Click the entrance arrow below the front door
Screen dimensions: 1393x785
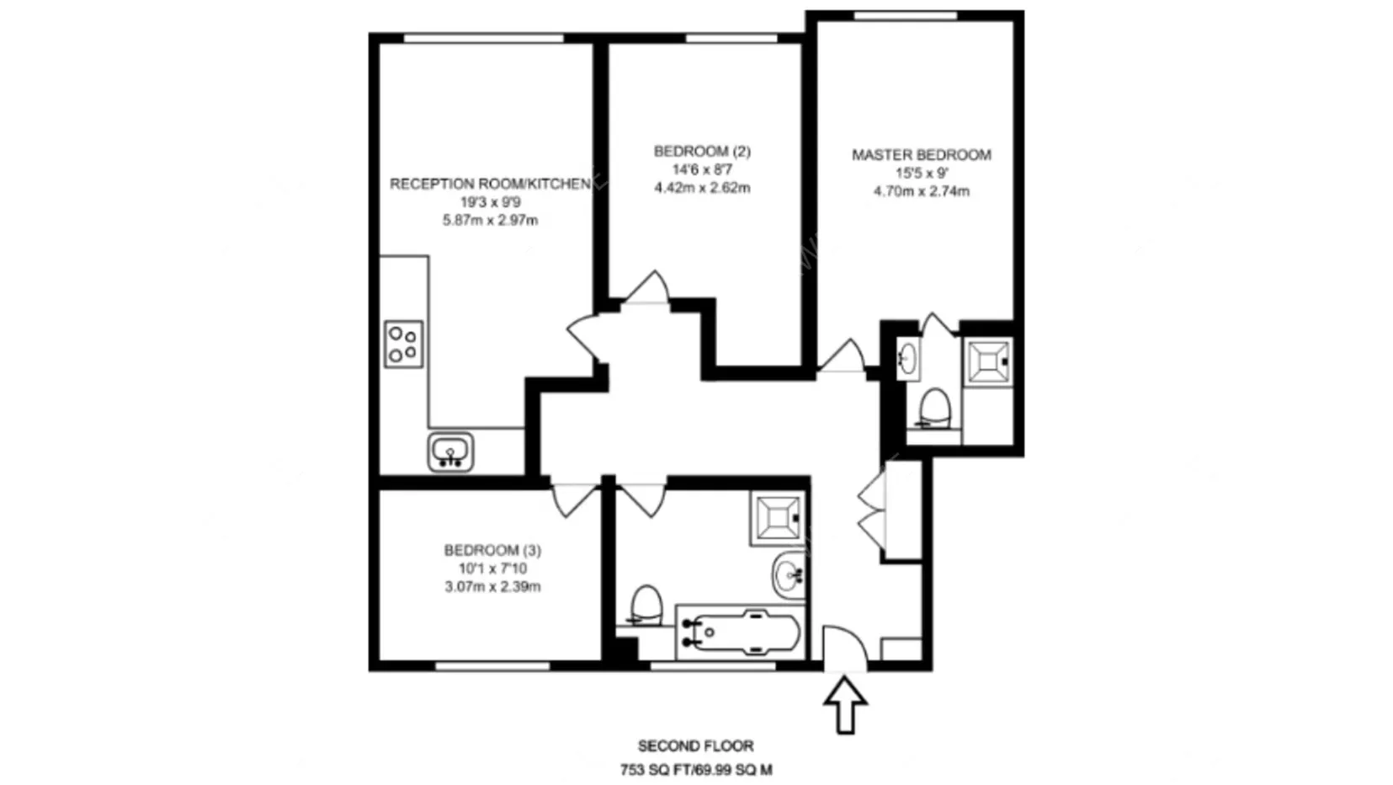845,705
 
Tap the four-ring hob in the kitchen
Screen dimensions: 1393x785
404,344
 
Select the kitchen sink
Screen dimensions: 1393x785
450,452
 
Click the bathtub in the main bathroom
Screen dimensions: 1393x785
740,632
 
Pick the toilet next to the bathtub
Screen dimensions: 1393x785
646,605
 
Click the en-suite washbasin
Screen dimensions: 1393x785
908,359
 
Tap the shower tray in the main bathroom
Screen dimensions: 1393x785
778,519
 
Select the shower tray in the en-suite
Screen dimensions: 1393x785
987,361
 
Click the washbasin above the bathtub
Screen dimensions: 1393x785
790,575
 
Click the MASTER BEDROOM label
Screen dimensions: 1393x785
922,155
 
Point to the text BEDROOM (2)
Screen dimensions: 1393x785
702,152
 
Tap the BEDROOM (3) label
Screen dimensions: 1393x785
492,550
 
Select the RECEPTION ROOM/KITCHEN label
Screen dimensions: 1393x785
490,184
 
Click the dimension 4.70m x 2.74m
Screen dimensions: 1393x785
922,191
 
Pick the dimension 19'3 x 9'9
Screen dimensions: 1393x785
490,202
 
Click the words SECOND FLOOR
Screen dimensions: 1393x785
696,745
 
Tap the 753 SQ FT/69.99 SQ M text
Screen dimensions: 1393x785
696,770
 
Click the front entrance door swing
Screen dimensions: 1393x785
844,648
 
